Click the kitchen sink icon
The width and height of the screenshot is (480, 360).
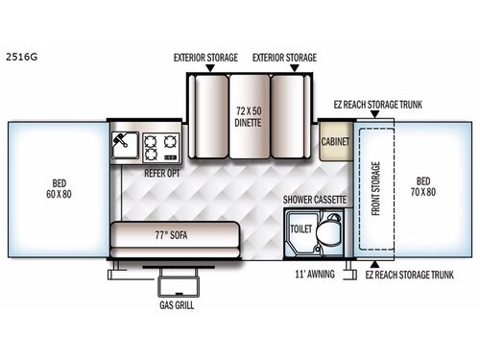coord(123,145)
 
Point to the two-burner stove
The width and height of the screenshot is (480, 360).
coord(161,146)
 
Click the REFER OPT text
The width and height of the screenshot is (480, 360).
coord(162,173)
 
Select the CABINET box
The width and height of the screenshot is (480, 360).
coord(337,140)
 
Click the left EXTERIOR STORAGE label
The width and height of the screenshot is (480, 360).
coord(205,58)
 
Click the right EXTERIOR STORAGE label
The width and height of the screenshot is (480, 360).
coord(284,58)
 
